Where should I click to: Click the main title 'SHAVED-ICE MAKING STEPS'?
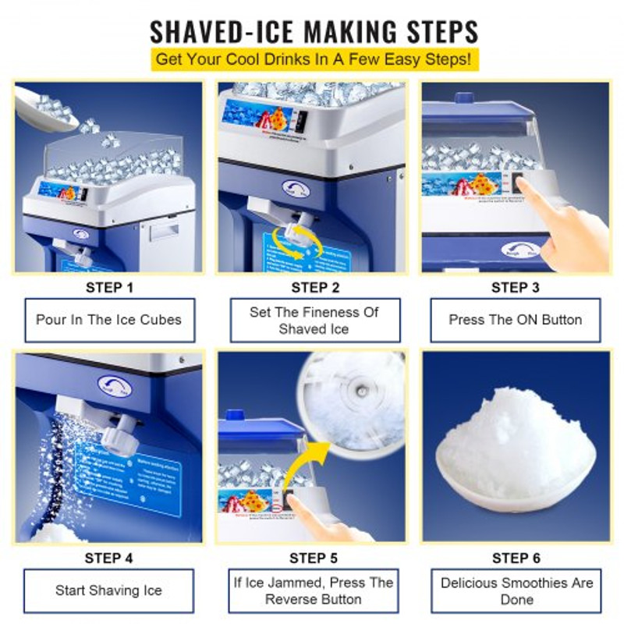pos(313,30)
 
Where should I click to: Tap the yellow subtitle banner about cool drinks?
pos(313,59)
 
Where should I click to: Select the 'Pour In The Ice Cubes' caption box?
pos(108,320)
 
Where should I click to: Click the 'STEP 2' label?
pos(314,288)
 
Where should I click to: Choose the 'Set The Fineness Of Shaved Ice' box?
pos(314,321)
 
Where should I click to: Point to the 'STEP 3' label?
pos(516,288)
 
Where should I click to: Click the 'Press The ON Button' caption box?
pos(516,320)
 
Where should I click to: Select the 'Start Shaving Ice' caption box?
pos(108,590)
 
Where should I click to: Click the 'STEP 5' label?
pos(314,558)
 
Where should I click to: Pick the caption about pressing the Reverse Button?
pos(314,590)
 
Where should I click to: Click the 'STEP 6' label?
pos(516,558)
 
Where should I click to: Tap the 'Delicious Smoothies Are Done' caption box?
pos(516,590)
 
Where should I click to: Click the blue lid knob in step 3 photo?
pos(464,98)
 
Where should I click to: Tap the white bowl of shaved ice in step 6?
pos(514,476)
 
